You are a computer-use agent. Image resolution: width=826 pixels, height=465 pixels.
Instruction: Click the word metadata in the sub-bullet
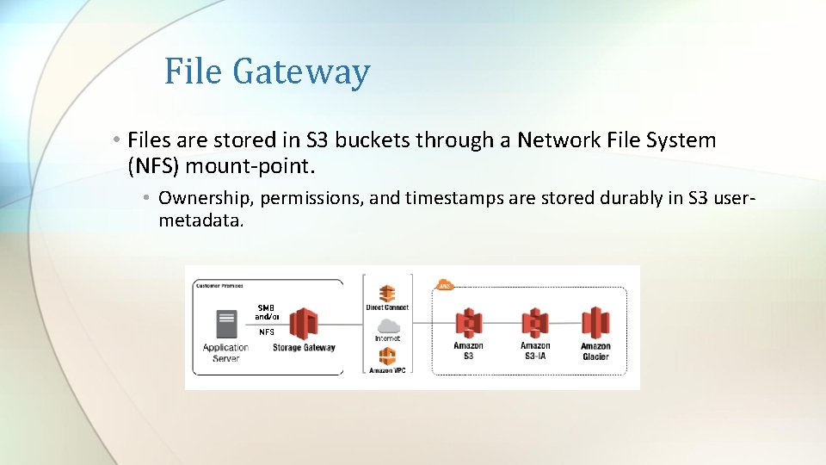coord(201,220)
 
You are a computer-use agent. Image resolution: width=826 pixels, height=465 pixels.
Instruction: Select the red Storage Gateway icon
coord(304,325)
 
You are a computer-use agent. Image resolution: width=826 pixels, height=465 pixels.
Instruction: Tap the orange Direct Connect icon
coord(387,293)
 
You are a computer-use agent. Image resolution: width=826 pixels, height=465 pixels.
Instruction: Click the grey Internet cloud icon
coord(388,325)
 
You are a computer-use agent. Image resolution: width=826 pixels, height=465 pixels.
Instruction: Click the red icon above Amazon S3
coord(468,323)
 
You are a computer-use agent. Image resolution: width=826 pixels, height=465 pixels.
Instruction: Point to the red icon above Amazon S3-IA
coord(535,323)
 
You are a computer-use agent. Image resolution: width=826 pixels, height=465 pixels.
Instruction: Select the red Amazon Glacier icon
coord(595,323)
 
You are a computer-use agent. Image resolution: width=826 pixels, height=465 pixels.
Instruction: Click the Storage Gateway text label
coord(304,348)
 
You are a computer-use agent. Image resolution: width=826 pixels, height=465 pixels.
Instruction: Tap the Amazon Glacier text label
coord(595,351)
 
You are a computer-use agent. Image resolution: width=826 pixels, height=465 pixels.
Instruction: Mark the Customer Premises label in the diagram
coord(219,285)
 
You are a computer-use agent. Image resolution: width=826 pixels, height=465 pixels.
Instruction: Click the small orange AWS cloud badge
coord(445,285)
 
